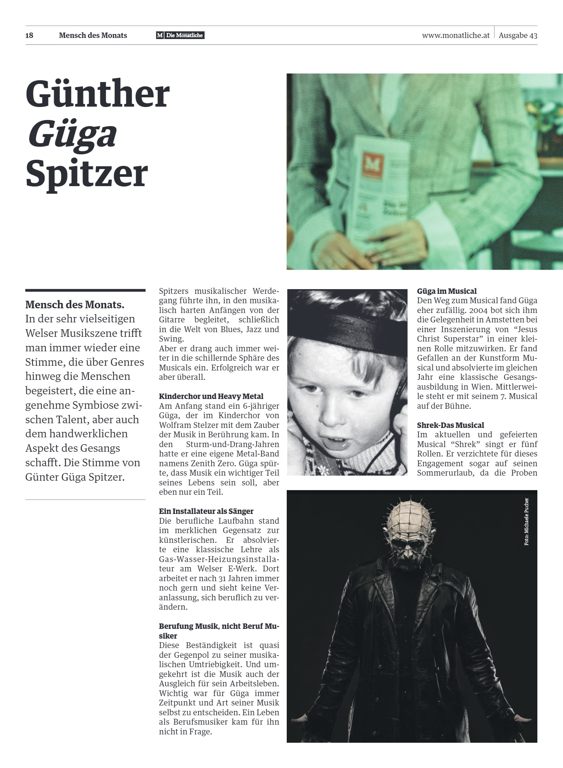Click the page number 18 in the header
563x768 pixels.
click(29, 35)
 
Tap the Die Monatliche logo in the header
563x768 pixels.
click(180, 35)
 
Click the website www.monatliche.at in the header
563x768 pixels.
click(455, 35)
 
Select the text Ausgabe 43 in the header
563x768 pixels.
click(518, 35)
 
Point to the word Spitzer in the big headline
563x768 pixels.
click(87, 174)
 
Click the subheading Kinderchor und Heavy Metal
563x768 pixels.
click(211, 396)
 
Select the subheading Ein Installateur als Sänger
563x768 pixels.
click(206, 511)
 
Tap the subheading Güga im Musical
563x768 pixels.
click(447, 291)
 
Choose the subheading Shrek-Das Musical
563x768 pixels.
click(450, 425)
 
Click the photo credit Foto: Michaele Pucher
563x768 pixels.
click(527, 521)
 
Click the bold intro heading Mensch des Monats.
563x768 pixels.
click(75, 305)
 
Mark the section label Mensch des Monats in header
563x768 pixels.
click(93, 35)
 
